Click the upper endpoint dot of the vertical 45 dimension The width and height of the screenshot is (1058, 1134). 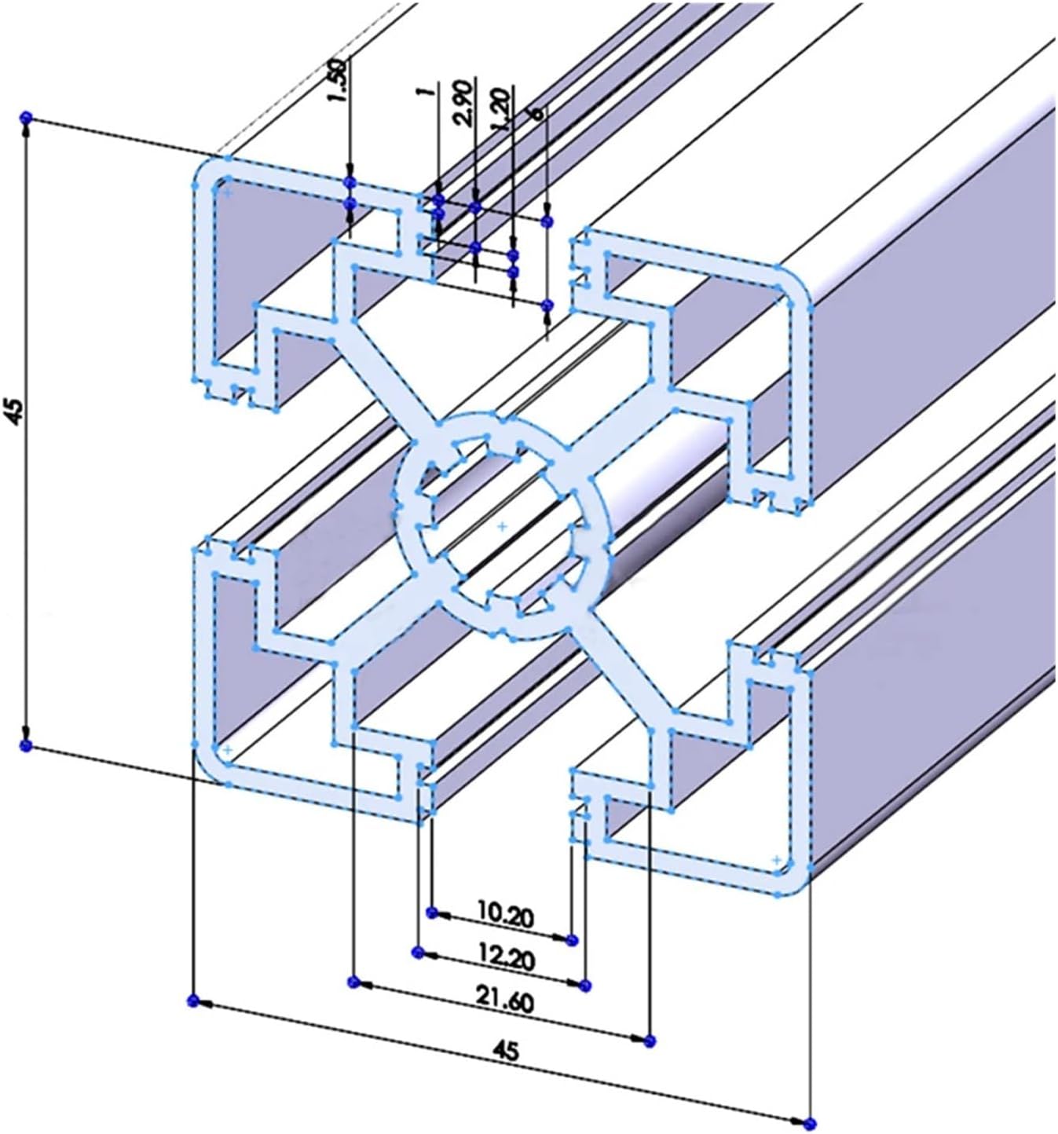[x=25, y=117]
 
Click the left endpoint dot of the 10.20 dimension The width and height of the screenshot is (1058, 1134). [x=430, y=912]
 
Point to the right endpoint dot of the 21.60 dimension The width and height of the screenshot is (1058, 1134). [x=648, y=1041]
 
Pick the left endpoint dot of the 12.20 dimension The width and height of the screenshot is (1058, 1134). [x=418, y=953]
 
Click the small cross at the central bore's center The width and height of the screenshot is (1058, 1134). [x=503, y=525]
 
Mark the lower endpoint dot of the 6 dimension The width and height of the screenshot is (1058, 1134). [x=547, y=305]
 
